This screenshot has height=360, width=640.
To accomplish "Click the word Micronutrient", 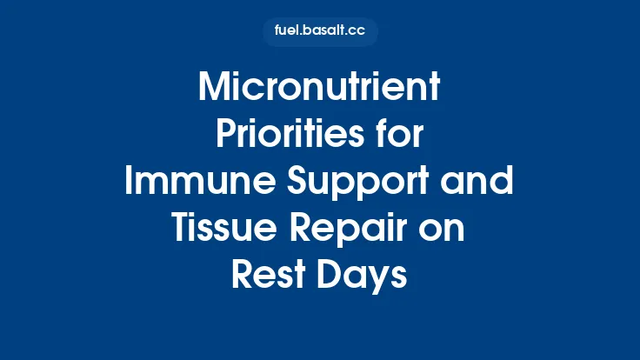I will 320,89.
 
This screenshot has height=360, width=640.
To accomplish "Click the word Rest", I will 264,277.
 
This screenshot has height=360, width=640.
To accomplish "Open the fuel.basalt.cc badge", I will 320,32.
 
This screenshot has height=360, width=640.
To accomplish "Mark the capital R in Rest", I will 243,277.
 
